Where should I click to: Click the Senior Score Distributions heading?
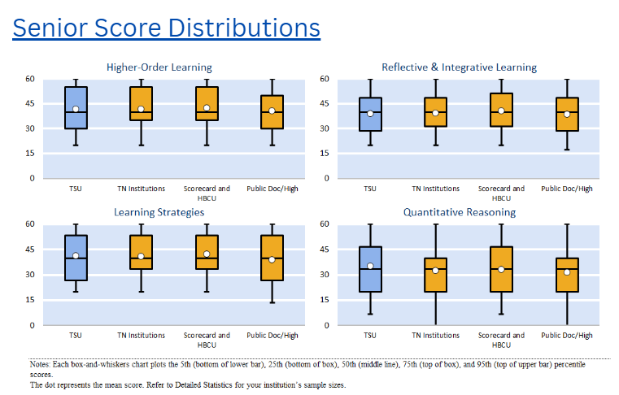(166, 28)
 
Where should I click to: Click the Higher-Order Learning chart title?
(159, 67)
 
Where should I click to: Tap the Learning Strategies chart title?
(159, 212)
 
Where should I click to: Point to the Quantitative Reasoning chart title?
(459, 212)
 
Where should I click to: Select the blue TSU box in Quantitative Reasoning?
(370, 280)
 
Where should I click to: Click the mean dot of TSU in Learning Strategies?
(76, 256)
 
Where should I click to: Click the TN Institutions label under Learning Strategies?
(141, 335)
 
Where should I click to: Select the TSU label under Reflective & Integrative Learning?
(370, 189)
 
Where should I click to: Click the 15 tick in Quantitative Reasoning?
(324, 300)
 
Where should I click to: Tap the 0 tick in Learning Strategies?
(32, 325)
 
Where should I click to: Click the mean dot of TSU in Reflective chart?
(370, 114)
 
